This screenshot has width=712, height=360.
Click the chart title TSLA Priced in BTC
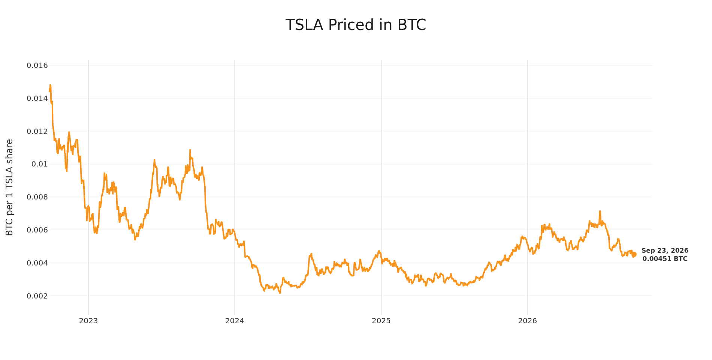click(x=356, y=25)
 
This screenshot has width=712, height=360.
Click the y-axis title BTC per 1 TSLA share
click(x=10, y=187)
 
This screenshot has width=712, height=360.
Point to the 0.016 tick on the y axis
click(x=37, y=66)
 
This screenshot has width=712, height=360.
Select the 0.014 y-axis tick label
click(x=37, y=99)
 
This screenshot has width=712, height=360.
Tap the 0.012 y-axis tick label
click(x=37, y=132)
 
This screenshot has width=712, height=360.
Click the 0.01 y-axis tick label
click(x=40, y=164)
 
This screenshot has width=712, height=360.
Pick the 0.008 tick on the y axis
click(x=37, y=197)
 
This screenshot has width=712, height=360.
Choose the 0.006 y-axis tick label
click(x=37, y=230)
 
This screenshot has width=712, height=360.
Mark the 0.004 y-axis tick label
click(x=37, y=263)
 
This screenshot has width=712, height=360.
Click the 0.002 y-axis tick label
click(x=37, y=296)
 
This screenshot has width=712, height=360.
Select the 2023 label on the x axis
click(x=88, y=321)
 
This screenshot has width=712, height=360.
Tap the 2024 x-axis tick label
click(x=235, y=321)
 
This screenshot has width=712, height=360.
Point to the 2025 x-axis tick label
click(x=381, y=321)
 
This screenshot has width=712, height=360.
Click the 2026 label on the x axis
click(x=527, y=321)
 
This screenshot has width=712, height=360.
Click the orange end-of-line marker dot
click(x=634, y=255)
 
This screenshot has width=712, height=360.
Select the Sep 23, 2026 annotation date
click(x=665, y=251)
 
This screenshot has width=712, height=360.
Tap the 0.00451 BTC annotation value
click(x=665, y=259)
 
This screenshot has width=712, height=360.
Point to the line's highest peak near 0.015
click(x=50, y=85)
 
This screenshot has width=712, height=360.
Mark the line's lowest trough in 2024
click(x=280, y=293)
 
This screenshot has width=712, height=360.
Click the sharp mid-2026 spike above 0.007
click(x=600, y=211)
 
